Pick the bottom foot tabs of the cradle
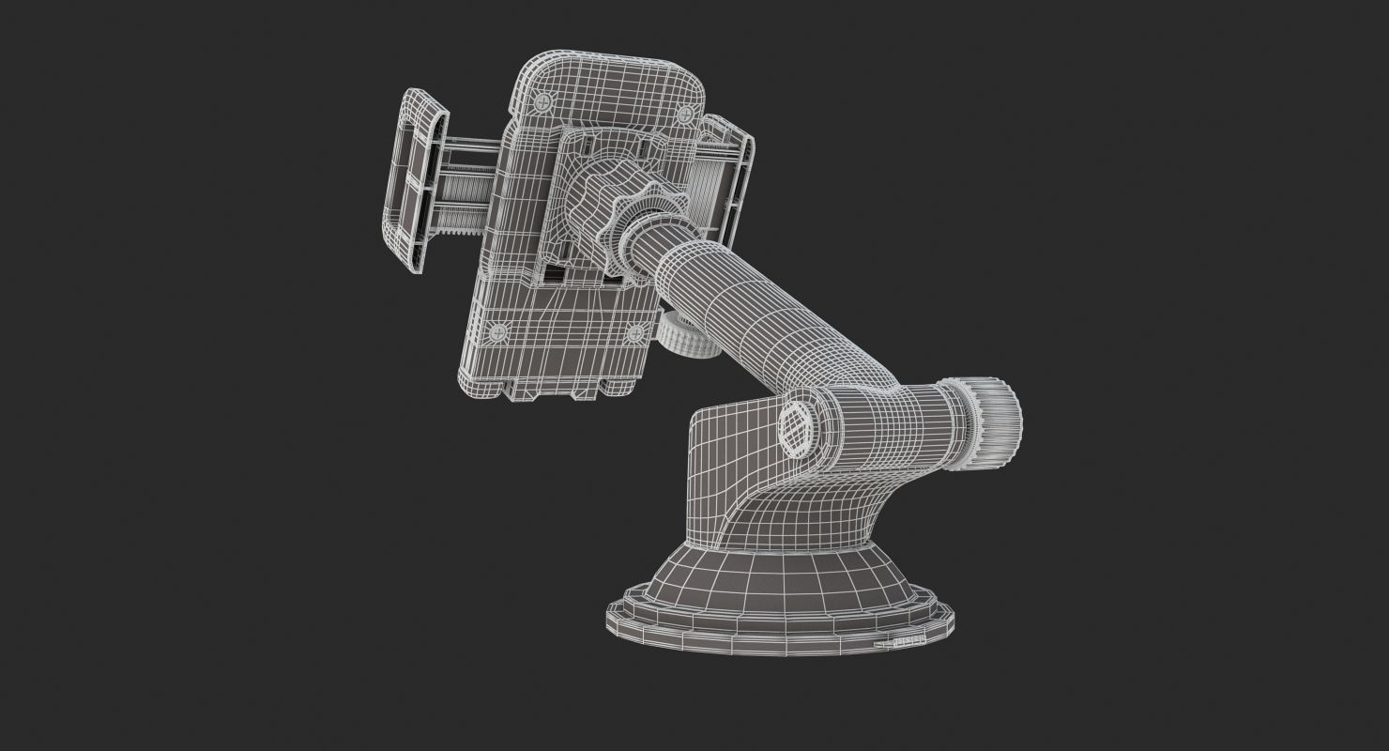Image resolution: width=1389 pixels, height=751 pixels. [x=554, y=386]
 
